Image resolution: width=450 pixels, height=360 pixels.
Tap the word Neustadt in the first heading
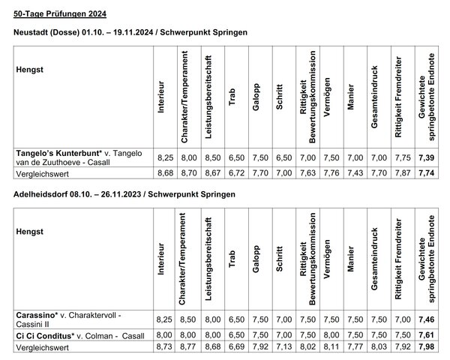34,34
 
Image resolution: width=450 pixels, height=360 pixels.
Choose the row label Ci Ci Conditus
46,334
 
